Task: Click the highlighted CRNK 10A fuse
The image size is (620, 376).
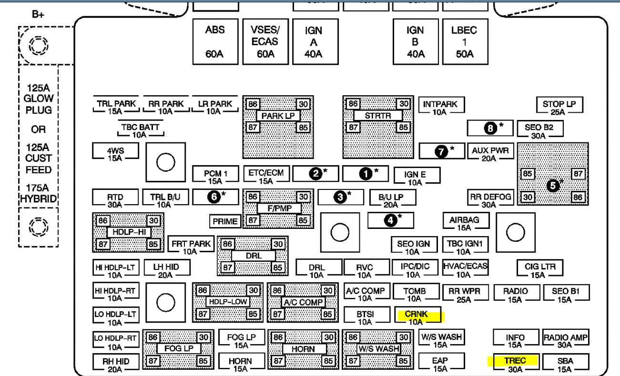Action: (416, 317)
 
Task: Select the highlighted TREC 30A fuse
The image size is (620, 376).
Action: (515, 364)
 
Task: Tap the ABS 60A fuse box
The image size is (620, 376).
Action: (215, 41)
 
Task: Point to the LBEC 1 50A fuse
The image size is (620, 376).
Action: (464, 41)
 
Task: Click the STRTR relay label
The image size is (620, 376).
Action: (377, 116)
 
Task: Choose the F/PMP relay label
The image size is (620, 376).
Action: (279, 208)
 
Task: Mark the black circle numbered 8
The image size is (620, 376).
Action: (489, 128)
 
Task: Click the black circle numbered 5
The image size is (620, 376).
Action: (553, 186)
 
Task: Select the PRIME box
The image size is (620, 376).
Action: (225, 221)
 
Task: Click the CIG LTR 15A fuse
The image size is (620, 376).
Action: (540, 270)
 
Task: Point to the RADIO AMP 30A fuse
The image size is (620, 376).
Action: (566, 341)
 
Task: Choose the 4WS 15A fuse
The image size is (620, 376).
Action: (115, 154)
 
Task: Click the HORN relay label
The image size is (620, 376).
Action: (303, 349)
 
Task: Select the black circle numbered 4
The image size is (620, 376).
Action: (391, 220)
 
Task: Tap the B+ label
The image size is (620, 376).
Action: (39, 14)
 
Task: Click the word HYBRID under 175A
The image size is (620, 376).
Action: (39, 198)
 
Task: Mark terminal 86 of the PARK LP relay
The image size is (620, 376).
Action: (253, 104)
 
